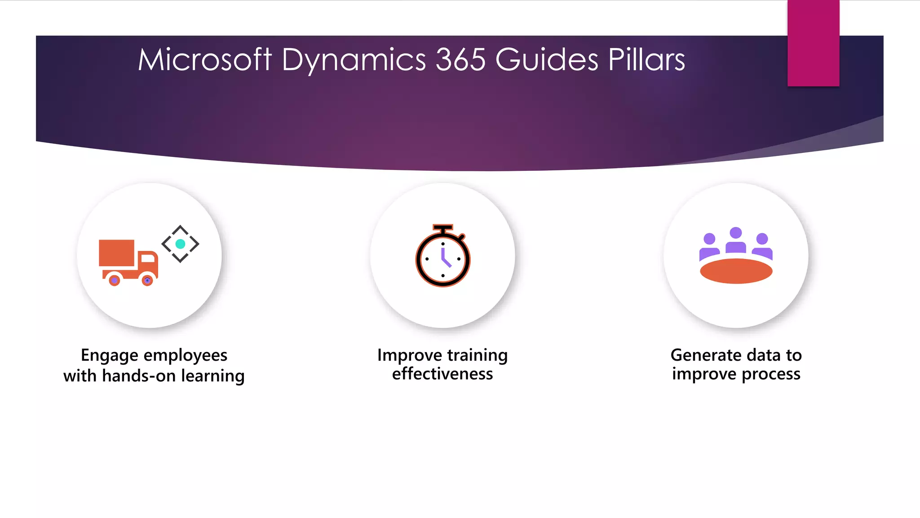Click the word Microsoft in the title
click(204, 60)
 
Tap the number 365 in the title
click(460, 60)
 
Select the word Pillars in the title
click(646, 60)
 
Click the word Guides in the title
click(547, 60)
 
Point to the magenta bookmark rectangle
click(813, 43)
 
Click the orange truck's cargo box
click(117, 253)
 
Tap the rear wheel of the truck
click(115, 281)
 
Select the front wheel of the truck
click(147, 281)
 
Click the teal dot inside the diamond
click(180, 244)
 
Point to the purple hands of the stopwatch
click(445, 259)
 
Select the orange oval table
click(736, 271)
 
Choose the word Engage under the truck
click(109, 356)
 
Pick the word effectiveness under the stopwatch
click(442, 374)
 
